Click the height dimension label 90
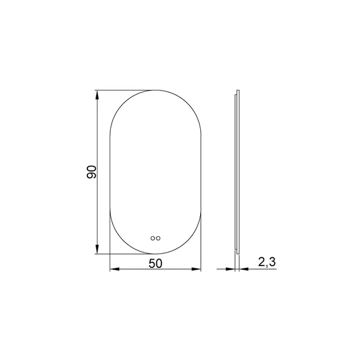coord(92,172)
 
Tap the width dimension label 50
coord(155,263)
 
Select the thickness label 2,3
coord(267,262)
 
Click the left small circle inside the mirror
coord(153,238)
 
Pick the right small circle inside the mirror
coord(158,238)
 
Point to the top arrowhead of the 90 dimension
coord(97,95)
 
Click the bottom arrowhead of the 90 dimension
coord(97,249)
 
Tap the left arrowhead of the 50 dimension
coord(115,269)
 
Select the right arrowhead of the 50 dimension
coord(196,269)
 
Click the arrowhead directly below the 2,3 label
coord(244,269)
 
